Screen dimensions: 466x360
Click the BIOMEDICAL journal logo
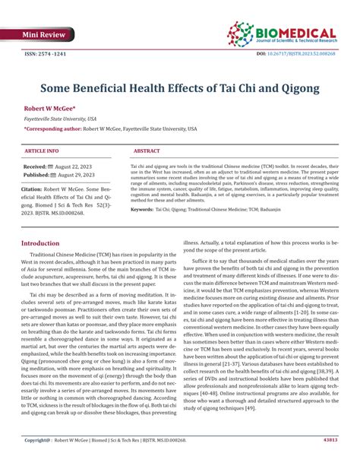(282, 33)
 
